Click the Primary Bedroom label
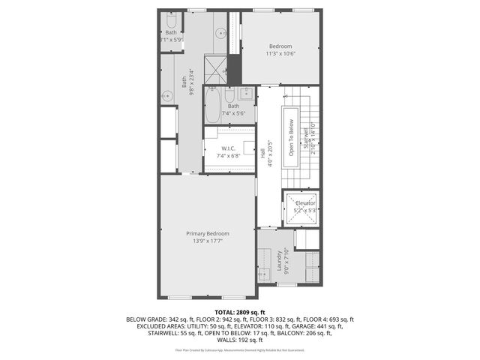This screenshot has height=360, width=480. click(208, 234)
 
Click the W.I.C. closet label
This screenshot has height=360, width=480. click(229, 148)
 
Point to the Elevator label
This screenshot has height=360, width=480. click(304, 203)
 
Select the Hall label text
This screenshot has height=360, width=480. click(262, 151)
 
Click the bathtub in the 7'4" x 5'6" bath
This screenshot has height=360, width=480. click(211, 106)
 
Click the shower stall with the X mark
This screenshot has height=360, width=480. click(216, 71)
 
